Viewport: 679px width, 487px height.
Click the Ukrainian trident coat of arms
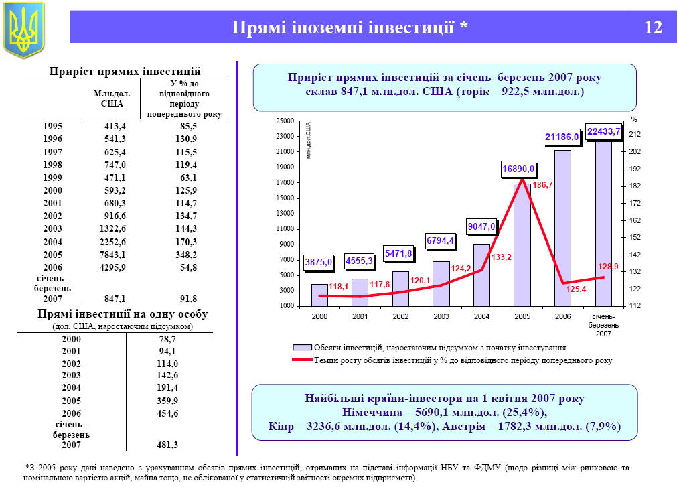click(24, 29)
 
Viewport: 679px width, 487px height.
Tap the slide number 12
click(653, 28)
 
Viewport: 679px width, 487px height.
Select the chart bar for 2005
click(522, 245)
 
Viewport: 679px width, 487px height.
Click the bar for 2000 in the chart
click(319, 295)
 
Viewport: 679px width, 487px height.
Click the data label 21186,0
click(562, 137)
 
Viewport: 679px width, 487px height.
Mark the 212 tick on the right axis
click(635, 135)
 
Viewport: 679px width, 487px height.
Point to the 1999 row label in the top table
click(52, 178)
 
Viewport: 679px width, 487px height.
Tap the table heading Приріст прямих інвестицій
click(126, 71)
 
